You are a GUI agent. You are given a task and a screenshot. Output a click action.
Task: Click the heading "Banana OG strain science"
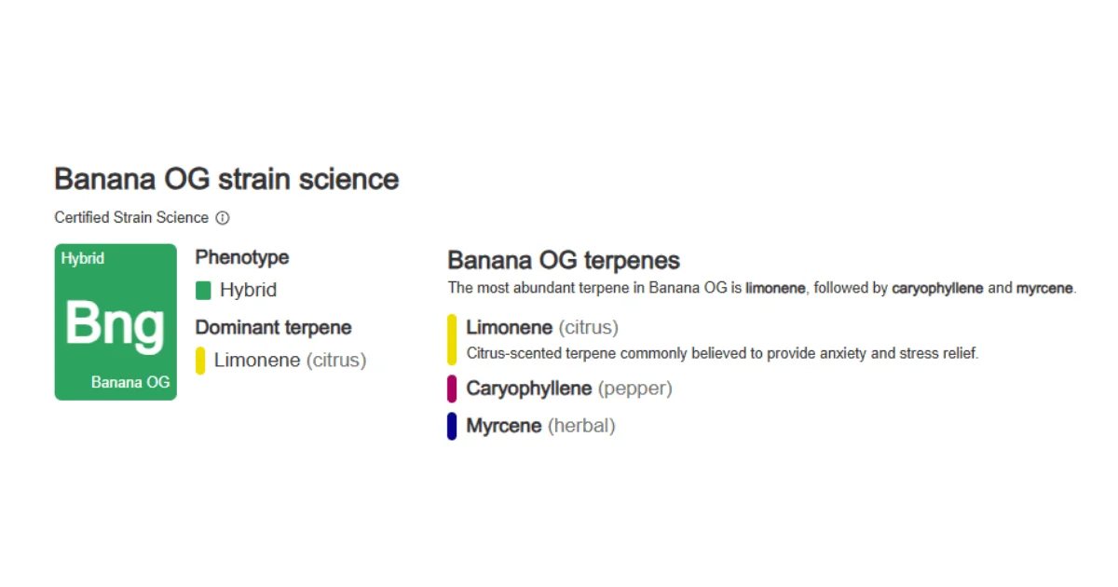pyautogui.click(x=226, y=179)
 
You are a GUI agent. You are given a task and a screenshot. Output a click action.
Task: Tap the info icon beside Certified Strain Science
pyautogui.click(x=223, y=218)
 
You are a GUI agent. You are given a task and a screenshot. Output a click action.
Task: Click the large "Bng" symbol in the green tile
pyautogui.click(x=115, y=323)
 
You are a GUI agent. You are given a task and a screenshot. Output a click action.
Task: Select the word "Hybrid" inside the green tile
pyautogui.click(x=83, y=258)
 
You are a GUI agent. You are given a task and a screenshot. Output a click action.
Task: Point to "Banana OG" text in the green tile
pyautogui.click(x=130, y=382)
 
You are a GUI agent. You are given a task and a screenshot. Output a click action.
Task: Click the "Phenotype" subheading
pyautogui.click(x=242, y=257)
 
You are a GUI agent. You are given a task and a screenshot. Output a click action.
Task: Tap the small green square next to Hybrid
pyautogui.click(x=203, y=291)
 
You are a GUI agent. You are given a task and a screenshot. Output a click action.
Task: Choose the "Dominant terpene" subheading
pyautogui.click(x=273, y=327)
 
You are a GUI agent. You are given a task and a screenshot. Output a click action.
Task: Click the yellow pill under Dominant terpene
pyautogui.click(x=200, y=361)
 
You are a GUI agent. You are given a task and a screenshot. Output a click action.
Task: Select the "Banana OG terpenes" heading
pyautogui.click(x=564, y=260)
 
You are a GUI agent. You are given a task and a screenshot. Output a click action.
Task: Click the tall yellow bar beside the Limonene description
pyautogui.click(x=452, y=339)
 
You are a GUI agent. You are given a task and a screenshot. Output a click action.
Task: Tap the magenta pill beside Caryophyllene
pyautogui.click(x=452, y=389)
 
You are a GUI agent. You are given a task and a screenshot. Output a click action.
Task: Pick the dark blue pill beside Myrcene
pyautogui.click(x=452, y=426)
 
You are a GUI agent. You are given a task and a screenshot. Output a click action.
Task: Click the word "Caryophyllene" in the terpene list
pyautogui.click(x=529, y=389)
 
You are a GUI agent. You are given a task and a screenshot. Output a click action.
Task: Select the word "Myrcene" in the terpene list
pyautogui.click(x=504, y=426)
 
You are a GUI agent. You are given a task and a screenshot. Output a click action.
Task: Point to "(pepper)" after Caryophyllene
pyautogui.click(x=634, y=389)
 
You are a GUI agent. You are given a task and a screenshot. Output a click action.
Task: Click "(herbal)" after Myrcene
pyautogui.click(x=581, y=426)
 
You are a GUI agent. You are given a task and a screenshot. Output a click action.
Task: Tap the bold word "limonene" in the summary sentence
pyautogui.click(x=775, y=289)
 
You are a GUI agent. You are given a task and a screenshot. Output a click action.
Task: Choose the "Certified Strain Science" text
pyautogui.click(x=131, y=218)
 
